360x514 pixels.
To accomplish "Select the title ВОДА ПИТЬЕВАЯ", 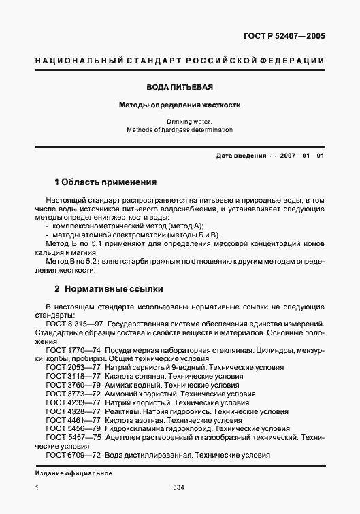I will (x=180, y=88).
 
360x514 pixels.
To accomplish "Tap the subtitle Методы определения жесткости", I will (x=180, y=105).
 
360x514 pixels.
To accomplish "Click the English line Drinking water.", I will (x=180, y=121).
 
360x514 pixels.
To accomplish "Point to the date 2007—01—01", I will (x=297, y=156).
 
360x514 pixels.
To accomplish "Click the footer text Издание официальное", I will (x=72, y=473).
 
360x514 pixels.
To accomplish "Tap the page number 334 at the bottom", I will (x=180, y=487).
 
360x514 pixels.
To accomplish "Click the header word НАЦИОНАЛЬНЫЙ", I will (x=70, y=61).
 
